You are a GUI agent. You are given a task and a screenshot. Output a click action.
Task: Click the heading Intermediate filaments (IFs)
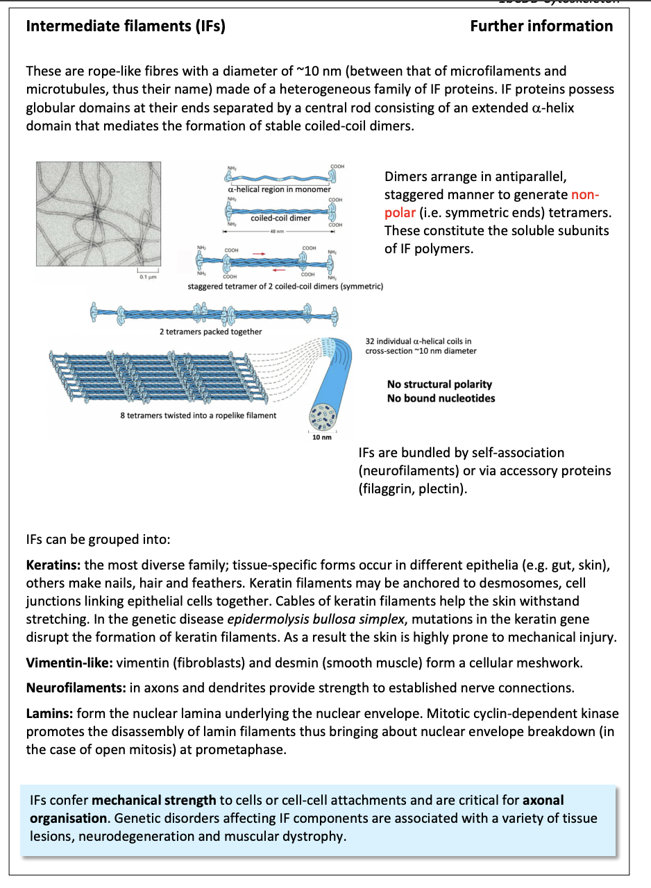click(x=125, y=26)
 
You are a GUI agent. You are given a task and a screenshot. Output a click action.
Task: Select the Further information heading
click(x=541, y=26)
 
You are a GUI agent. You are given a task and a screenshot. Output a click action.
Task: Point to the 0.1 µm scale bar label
click(x=147, y=277)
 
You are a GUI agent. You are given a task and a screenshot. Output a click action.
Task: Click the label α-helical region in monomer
click(x=279, y=189)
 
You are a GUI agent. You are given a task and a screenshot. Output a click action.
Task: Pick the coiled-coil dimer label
click(x=280, y=218)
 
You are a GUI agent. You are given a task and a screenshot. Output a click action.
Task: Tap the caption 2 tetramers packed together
click(x=210, y=332)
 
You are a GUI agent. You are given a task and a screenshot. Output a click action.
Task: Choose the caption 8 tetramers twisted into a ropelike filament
click(x=198, y=416)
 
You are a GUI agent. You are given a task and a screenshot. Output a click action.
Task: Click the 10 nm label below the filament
click(x=323, y=437)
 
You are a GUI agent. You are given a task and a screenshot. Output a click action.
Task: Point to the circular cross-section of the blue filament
click(x=323, y=415)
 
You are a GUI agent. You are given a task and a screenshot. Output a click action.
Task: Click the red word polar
click(x=400, y=212)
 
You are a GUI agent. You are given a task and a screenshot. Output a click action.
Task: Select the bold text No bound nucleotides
click(x=441, y=398)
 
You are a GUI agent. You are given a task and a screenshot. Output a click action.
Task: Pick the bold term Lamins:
click(x=49, y=713)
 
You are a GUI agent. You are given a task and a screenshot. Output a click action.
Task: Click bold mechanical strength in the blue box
click(x=153, y=801)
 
